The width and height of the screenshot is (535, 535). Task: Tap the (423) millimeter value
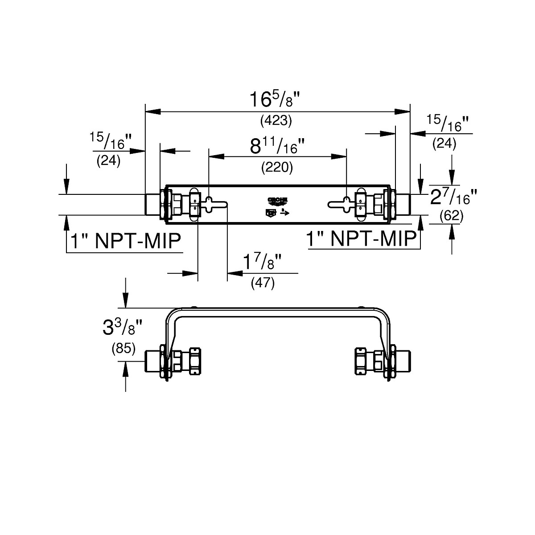276,120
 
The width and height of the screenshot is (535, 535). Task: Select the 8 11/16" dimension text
277,146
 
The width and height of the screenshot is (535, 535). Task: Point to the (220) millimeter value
277,167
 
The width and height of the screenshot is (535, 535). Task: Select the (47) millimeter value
263,283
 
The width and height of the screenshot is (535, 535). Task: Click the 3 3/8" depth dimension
122,329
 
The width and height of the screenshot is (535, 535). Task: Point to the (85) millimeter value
123,349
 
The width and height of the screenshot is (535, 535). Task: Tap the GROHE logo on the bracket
277,201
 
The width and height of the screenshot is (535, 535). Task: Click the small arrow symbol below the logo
284,213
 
